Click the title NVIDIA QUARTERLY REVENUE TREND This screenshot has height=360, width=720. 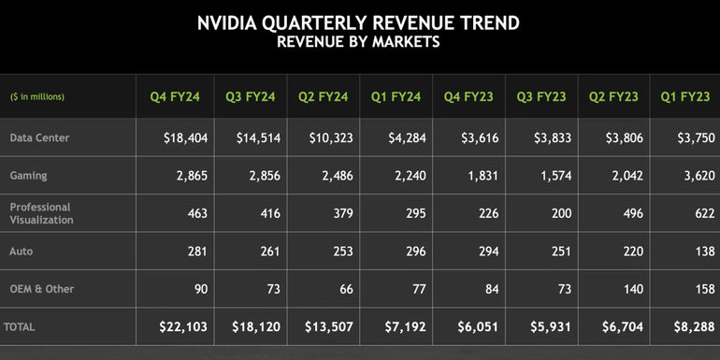359,22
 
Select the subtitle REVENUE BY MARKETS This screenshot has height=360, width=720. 359,42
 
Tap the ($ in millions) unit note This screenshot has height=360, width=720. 37,97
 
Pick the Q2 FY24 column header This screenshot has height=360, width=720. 320,97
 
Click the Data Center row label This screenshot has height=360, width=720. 39,137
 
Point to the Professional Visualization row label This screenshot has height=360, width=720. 41,213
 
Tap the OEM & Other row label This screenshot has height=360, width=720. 41,289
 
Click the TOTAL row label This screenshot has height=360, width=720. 22,327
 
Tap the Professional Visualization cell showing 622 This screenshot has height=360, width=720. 703,213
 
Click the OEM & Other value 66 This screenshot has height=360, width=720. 345,289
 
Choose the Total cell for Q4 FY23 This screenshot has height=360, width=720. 480,327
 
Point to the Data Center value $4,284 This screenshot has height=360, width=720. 406,137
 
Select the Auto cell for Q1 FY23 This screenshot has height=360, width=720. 703,252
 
